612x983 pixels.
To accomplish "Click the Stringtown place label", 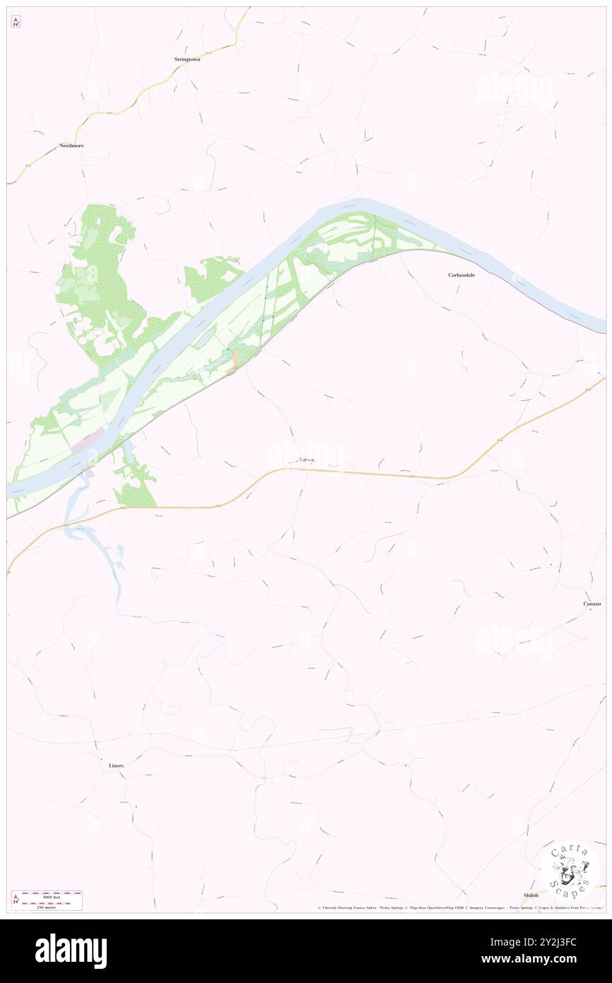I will click(x=187, y=59).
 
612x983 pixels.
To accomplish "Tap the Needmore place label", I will click(x=71, y=145).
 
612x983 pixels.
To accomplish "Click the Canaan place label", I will click(x=592, y=603).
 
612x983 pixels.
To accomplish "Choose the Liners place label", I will click(x=116, y=766).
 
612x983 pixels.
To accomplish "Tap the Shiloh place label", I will click(x=531, y=895).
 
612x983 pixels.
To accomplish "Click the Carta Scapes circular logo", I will click(x=570, y=869).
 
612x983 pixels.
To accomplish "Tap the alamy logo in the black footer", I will click(x=71, y=950).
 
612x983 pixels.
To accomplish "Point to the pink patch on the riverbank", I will click(x=88, y=443).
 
